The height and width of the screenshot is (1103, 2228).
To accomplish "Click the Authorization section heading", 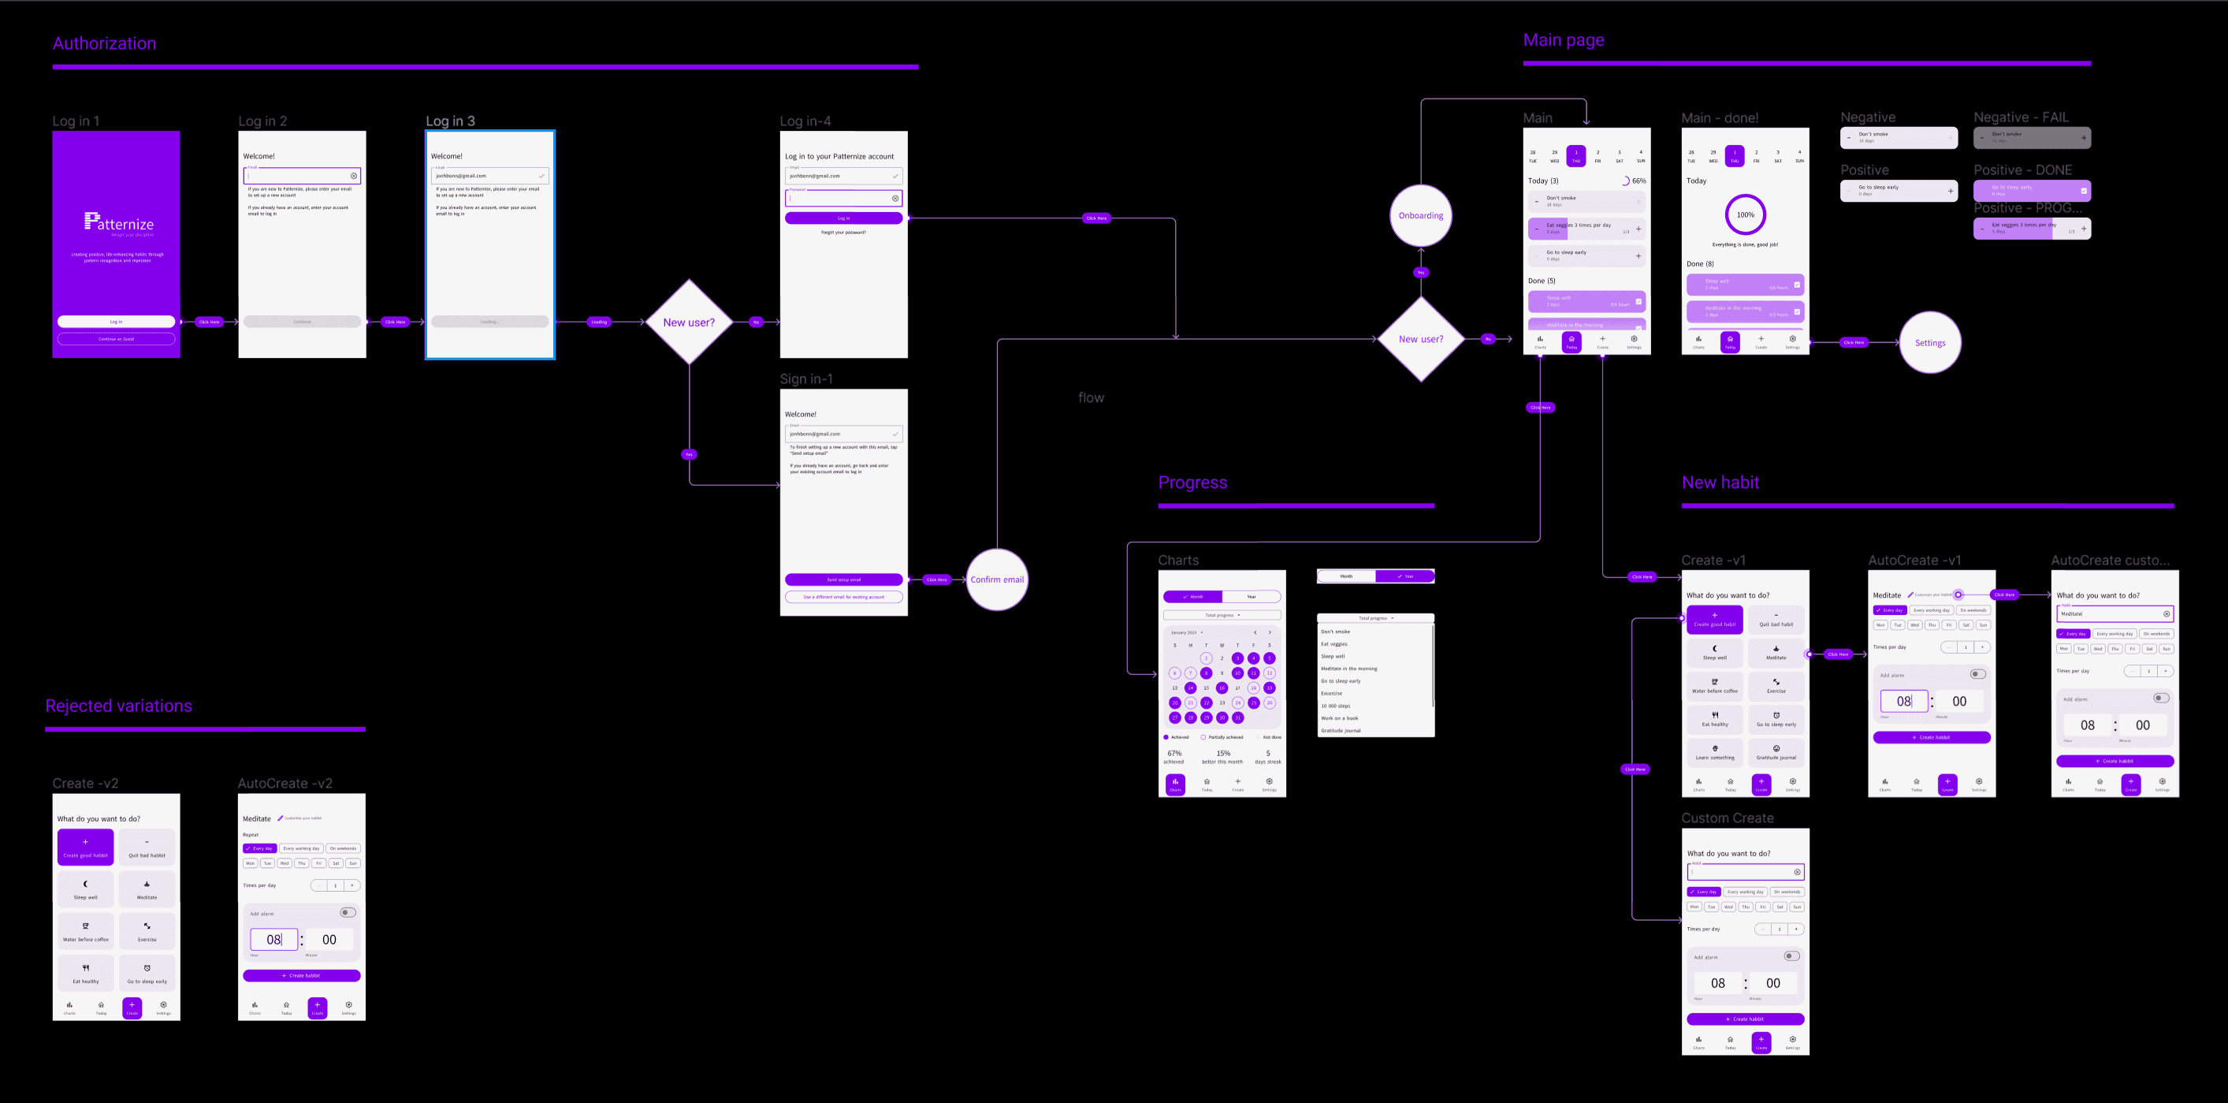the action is [x=104, y=44].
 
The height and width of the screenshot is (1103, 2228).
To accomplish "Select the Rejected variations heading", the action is [x=118, y=706].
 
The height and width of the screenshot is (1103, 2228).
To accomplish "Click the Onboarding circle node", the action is [x=1420, y=215].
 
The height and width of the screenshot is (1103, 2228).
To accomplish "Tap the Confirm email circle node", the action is [x=996, y=579].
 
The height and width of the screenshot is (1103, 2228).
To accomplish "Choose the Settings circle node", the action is [x=1929, y=343].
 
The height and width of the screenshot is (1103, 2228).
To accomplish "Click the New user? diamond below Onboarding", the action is [x=1420, y=339].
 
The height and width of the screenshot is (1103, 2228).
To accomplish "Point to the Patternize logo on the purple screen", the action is [x=118, y=223].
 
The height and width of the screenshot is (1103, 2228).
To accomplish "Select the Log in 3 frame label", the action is [x=450, y=121].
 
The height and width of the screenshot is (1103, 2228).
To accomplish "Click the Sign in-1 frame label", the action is [x=806, y=379].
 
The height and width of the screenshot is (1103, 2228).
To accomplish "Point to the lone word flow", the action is [x=1091, y=398].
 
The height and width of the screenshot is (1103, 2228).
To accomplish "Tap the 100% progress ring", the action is [x=1746, y=214].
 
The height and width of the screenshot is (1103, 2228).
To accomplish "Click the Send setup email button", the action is [x=843, y=579].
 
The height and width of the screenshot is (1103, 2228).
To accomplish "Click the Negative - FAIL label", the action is [x=2021, y=117].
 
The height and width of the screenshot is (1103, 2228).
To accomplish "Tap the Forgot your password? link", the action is [x=843, y=233].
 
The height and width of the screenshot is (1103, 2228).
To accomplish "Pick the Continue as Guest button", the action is [x=116, y=339].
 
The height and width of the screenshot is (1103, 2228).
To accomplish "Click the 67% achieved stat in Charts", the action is [x=1174, y=757].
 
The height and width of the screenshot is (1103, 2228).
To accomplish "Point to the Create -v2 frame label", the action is [x=85, y=784].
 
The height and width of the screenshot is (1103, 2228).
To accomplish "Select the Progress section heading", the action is [x=1192, y=483].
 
